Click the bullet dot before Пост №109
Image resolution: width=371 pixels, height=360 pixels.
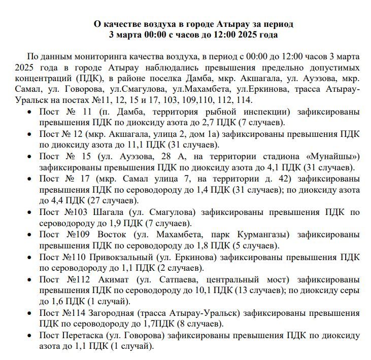pos(31,235)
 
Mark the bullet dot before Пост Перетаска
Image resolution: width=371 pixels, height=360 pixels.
pos(31,336)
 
